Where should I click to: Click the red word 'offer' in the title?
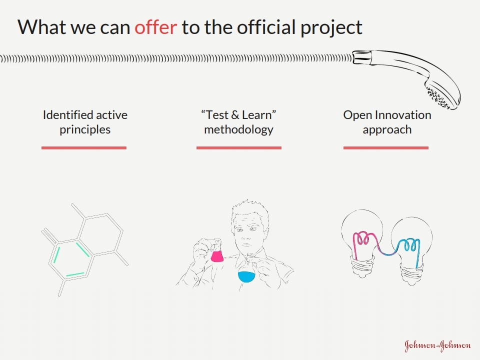pos(156,27)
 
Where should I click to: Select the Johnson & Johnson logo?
pos(437,345)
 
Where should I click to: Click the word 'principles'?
pos(85,130)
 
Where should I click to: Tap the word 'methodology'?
pos(239,130)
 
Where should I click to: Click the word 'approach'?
pos(387,130)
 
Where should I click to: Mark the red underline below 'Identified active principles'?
pos(84,148)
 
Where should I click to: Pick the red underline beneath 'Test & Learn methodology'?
pos(239,148)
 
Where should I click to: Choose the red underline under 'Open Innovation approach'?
pos(385,148)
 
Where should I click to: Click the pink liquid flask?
pos(217,256)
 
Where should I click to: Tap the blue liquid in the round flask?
pos(246,276)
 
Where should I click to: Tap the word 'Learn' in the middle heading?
pos(256,115)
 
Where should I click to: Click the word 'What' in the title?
pos(42,27)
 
